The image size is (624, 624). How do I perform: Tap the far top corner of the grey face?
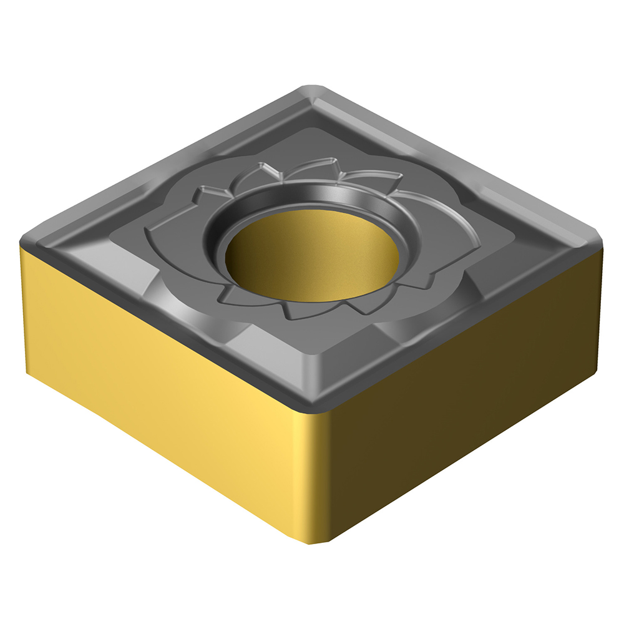312,87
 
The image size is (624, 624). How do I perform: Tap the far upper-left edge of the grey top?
168,162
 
